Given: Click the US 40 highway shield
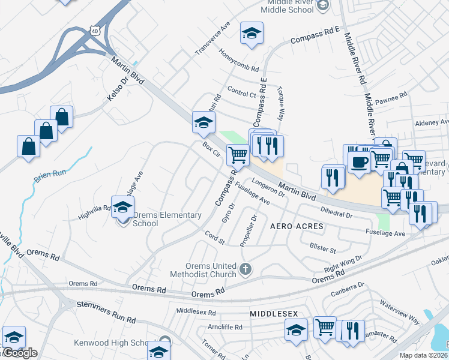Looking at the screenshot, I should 94,30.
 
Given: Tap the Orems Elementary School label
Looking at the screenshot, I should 146,219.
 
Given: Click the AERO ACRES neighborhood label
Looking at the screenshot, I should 297,226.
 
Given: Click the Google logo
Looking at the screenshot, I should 19,353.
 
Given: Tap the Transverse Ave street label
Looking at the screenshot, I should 213,40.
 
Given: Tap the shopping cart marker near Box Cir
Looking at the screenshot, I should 238,155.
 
